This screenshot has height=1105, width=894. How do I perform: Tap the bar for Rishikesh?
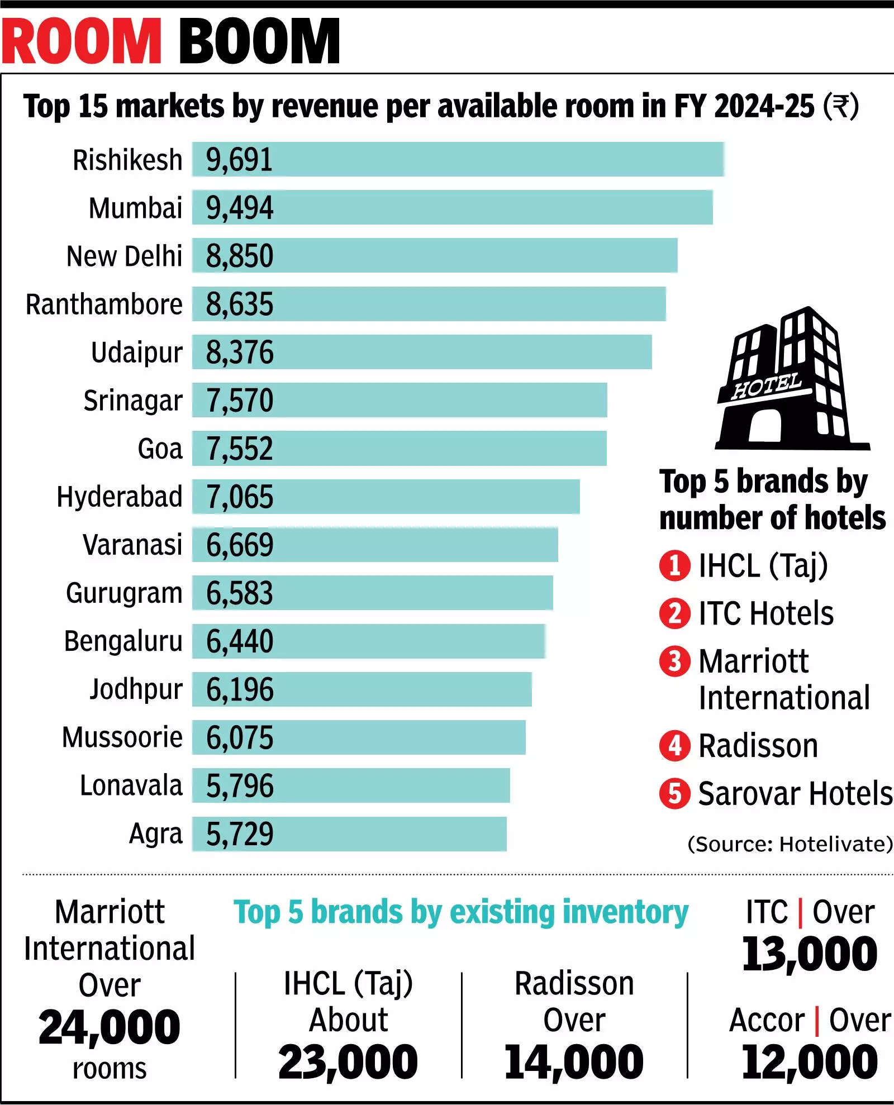click(458, 159)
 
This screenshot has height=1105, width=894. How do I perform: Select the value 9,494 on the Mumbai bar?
click(239, 208)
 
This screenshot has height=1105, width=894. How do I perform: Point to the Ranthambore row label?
click(104, 304)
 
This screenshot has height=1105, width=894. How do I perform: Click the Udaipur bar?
click(422, 352)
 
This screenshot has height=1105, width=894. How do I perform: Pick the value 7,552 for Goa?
click(239, 449)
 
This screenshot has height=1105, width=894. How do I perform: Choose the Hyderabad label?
click(120, 497)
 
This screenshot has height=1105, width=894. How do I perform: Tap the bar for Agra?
click(349, 834)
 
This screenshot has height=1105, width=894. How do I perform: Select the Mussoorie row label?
click(122, 737)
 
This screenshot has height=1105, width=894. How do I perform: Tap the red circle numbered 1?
click(674, 565)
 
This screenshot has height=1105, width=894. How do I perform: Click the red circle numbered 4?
click(674, 746)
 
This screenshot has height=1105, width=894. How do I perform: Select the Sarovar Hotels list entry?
click(795, 793)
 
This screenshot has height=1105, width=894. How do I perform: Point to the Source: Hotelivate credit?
click(790, 844)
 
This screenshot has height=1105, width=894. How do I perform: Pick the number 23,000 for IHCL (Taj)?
click(348, 1062)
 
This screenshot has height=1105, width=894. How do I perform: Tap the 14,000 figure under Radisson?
click(574, 1062)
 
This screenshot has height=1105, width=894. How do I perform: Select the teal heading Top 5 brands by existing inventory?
click(461, 913)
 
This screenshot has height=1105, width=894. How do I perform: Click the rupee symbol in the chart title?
click(840, 106)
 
